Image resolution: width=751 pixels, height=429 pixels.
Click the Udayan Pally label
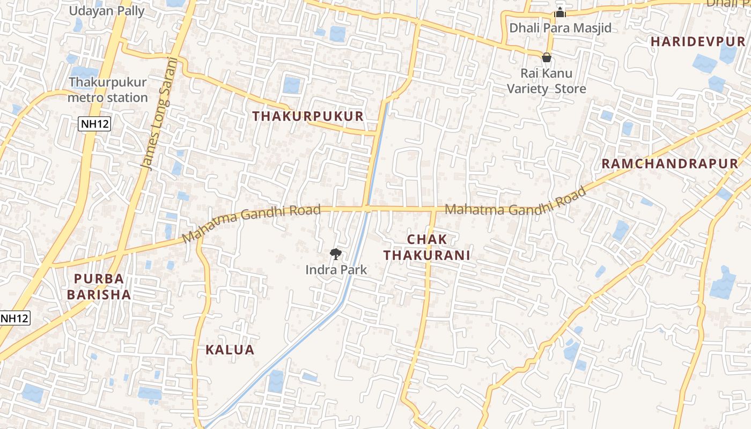[107, 11]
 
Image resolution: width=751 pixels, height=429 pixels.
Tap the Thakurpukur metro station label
[108, 90]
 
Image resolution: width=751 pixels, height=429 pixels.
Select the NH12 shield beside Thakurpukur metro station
[95, 124]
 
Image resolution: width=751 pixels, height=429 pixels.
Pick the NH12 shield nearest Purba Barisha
[14, 318]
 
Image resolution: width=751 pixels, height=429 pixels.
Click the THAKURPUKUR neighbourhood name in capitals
[308, 116]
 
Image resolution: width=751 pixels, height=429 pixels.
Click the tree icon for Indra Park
[336, 254]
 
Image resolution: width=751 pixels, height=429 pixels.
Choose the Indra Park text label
[336, 270]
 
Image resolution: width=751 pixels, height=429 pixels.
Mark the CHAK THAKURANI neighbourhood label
[427, 247]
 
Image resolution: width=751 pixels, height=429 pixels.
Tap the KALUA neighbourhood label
[230, 350]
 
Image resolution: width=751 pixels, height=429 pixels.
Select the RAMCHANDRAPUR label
[669, 164]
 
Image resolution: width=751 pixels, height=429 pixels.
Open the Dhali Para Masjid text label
[560, 28]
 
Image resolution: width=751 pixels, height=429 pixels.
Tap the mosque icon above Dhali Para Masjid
[560, 13]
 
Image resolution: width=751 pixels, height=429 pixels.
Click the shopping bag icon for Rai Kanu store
[547, 57]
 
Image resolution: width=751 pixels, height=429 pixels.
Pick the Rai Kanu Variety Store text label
[547, 80]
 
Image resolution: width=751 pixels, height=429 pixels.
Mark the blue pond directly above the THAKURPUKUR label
[291, 85]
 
